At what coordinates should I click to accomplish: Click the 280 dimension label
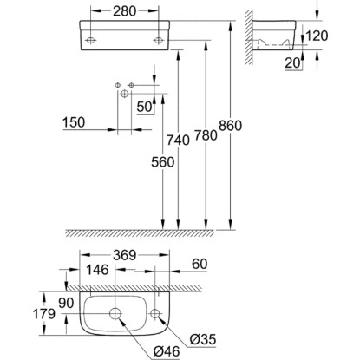[x=125, y=11]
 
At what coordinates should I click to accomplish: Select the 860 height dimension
[x=230, y=126]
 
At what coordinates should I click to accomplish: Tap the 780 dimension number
[x=206, y=135]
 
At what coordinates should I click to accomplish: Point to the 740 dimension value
[x=178, y=141]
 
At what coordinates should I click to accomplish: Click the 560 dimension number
[x=163, y=162]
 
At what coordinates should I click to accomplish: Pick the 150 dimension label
[x=74, y=122]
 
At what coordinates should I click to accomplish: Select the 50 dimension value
[x=144, y=107]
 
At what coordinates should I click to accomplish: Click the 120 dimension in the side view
[x=317, y=36]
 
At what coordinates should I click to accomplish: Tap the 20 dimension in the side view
[x=292, y=63]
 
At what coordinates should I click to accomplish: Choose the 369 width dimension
[x=124, y=255]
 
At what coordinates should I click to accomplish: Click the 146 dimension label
[x=97, y=270]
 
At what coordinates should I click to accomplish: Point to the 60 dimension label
[x=200, y=264]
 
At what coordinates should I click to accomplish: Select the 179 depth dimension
[x=44, y=313]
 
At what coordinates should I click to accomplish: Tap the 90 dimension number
[x=66, y=303]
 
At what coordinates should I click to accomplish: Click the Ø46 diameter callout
[x=167, y=351]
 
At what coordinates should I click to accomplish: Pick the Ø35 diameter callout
[x=203, y=339]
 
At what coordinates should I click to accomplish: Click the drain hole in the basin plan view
[x=115, y=313]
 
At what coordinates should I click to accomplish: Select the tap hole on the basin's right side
[x=155, y=313]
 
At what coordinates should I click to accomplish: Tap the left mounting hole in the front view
[x=91, y=40]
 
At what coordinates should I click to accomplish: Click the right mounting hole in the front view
[x=158, y=40]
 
